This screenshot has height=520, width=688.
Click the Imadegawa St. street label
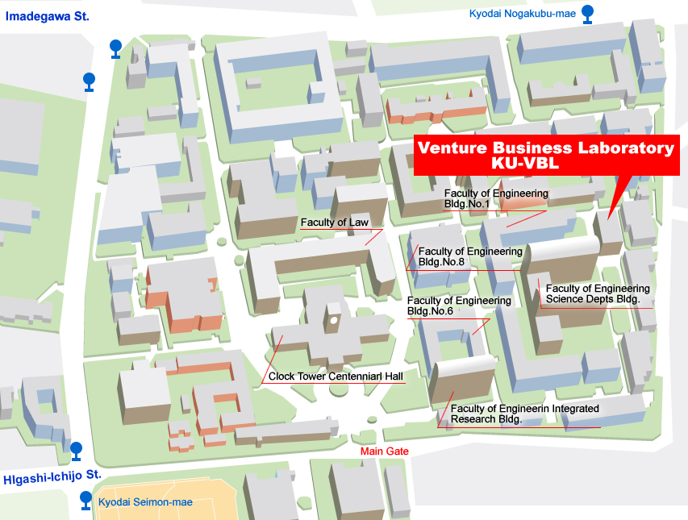(x=47, y=16)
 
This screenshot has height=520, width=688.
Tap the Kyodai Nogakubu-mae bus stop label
(x=522, y=13)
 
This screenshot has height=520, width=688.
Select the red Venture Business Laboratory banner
(x=546, y=155)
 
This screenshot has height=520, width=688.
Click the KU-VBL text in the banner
(x=546, y=164)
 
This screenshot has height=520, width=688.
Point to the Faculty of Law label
(x=335, y=223)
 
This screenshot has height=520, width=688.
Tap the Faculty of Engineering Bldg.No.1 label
(x=496, y=199)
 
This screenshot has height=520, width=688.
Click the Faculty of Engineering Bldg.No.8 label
(x=470, y=257)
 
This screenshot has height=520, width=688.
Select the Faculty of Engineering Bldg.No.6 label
(x=459, y=306)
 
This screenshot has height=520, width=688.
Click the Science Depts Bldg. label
(x=598, y=294)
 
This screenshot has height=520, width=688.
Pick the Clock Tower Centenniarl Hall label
(x=336, y=376)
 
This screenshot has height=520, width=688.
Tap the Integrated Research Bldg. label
(x=524, y=414)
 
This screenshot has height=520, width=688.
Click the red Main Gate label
(x=385, y=451)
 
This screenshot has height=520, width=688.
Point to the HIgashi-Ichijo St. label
(x=52, y=476)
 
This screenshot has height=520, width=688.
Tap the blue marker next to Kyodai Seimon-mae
(x=86, y=501)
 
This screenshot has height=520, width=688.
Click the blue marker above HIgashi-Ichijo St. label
(x=76, y=449)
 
